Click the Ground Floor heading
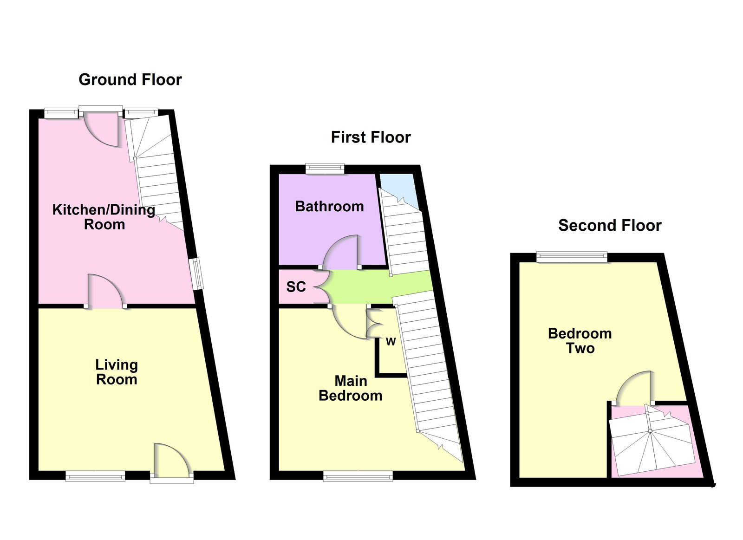point(130,80)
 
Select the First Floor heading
point(371,137)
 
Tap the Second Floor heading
point(610,226)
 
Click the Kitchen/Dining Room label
point(104,217)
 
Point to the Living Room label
point(117,372)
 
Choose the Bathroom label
point(329,206)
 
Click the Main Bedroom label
point(351,388)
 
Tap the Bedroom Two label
point(580,341)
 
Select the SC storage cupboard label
point(296,287)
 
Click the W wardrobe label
point(391,341)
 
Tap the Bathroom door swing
point(341,252)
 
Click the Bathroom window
point(325,169)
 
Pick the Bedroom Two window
point(572,257)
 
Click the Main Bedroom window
point(358,475)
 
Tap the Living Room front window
point(95,475)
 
